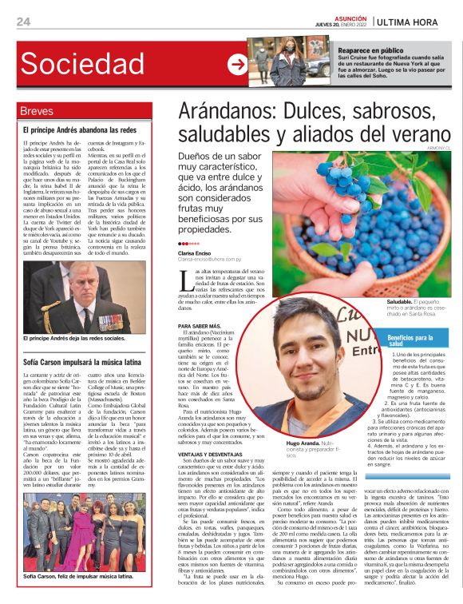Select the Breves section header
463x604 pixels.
pyautogui.click(x=37, y=111)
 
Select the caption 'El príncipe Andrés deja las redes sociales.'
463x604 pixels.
pyautogui.click(x=74, y=339)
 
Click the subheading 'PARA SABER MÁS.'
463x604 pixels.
pyautogui.click(x=200, y=327)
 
